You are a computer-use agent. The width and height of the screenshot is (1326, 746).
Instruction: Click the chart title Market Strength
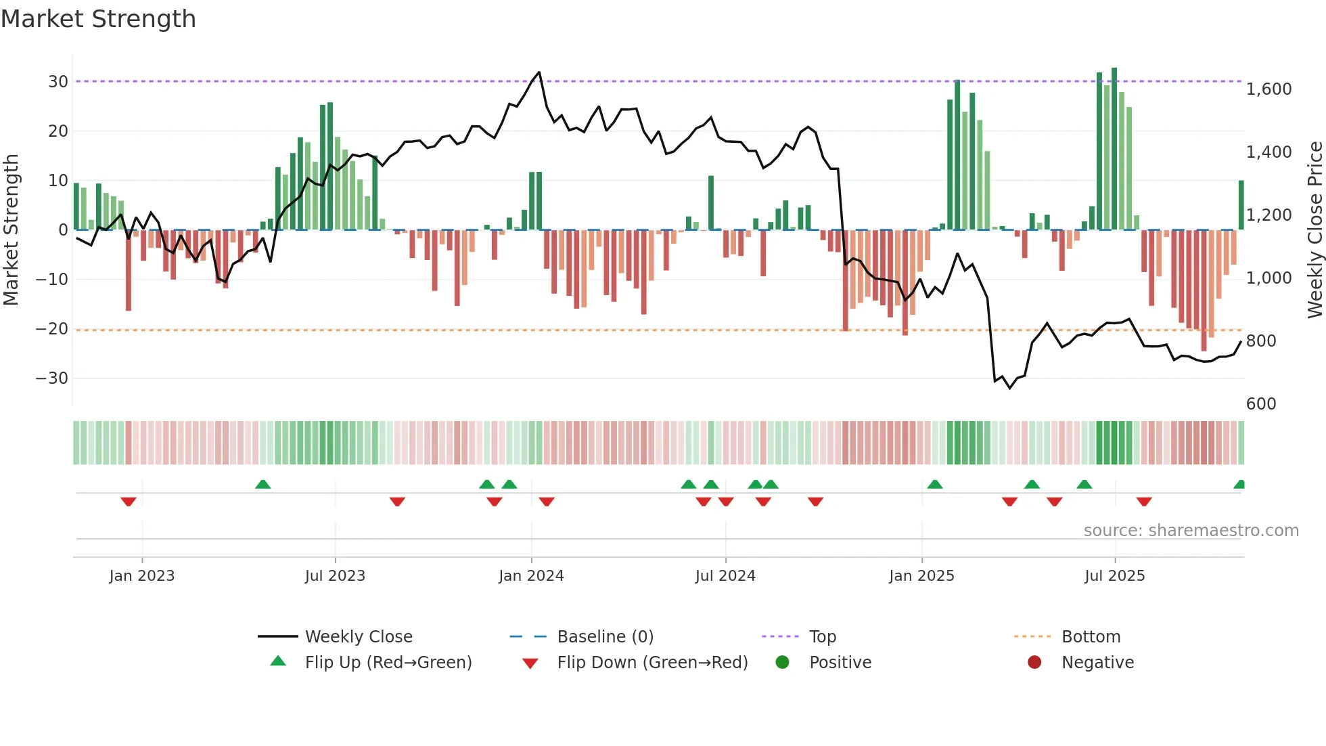(x=98, y=19)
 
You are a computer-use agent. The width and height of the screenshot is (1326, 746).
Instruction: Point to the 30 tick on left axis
(x=58, y=82)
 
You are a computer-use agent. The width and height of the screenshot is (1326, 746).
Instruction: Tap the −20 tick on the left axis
(x=52, y=329)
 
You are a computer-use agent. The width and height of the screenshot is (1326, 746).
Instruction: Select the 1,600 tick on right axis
(x=1268, y=89)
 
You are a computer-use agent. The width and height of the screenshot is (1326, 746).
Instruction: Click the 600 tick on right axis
(x=1260, y=404)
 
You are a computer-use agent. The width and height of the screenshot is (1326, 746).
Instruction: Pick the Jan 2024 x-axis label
(x=531, y=576)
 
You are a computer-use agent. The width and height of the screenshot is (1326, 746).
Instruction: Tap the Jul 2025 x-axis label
(x=1114, y=576)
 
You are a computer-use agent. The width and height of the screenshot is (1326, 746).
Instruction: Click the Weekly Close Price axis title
(x=1314, y=230)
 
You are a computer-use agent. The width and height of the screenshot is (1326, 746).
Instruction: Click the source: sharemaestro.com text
(x=1191, y=531)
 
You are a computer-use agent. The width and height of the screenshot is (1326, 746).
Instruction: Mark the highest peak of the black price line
(x=539, y=72)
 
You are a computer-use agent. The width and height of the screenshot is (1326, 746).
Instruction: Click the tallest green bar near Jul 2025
(x=1114, y=149)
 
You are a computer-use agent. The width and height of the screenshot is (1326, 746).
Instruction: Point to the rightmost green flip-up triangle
(x=1239, y=485)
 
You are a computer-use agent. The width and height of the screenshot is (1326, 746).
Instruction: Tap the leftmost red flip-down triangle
(x=129, y=502)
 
